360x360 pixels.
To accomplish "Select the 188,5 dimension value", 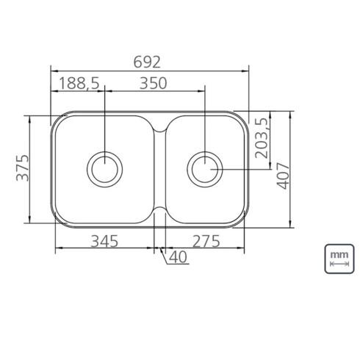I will point(78,83).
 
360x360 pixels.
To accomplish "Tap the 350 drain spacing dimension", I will point(154,83).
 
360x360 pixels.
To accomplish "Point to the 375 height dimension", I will point(22,168).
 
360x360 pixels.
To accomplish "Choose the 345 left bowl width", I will point(106,240).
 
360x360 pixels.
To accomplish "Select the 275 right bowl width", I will point(210,240).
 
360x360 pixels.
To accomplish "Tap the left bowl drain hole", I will point(104,169).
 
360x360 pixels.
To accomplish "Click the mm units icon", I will point(339,257).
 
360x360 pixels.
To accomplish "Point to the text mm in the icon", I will point(339,253).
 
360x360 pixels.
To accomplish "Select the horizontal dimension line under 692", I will point(150,71).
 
